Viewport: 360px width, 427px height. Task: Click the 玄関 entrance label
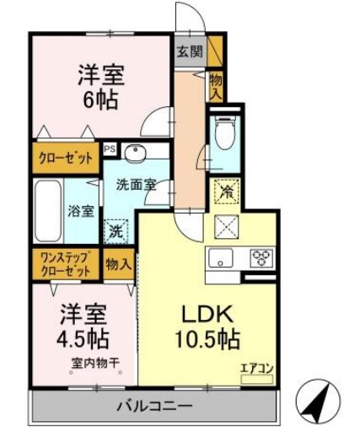[190, 51]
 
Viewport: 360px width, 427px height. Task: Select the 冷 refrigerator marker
[225, 192]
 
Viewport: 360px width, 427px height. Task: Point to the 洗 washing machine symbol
[116, 227]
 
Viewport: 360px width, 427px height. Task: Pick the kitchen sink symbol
[222, 257]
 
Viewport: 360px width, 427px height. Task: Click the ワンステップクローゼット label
[62, 264]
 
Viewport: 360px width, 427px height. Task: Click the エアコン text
[255, 367]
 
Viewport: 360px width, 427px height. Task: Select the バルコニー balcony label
[154, 407]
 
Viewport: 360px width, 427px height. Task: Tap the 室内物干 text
[94, 364]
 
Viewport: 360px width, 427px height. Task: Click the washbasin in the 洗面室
[136, 153]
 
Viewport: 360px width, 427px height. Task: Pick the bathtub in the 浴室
[47, 211]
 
